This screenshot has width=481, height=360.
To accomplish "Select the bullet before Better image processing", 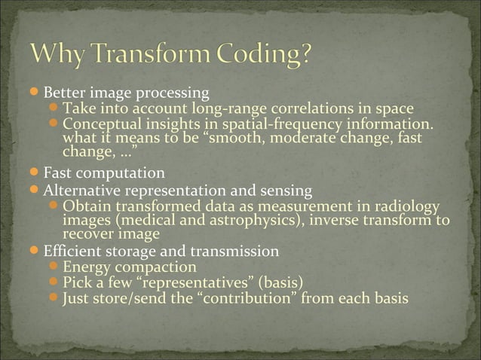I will pyautogui.click(x=36, y=93).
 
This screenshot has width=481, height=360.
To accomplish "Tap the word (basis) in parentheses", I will pyautogui.click(x=280, y=283).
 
